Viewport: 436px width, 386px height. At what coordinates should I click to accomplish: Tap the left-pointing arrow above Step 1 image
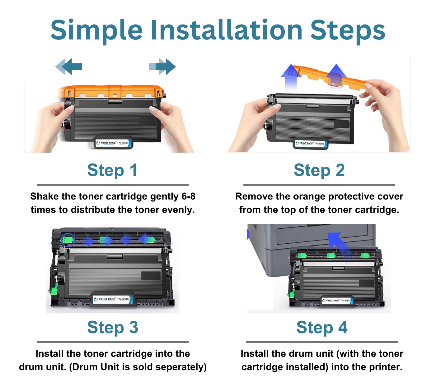point(69,67)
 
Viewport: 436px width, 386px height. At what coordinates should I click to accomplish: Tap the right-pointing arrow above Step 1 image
point(162,67)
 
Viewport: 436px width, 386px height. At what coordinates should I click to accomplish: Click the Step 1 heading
point(112,170)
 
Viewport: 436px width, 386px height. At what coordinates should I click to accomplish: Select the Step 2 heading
point(319,170)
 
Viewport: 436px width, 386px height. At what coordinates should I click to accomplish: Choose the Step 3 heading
point(113,328)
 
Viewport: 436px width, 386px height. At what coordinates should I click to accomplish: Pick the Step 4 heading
point(322,328)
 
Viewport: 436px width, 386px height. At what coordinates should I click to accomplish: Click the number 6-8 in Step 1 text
point(188,196)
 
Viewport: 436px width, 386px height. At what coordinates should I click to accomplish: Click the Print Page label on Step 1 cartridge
point(114,143)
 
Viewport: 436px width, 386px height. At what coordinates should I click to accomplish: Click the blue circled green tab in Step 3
point(67,240)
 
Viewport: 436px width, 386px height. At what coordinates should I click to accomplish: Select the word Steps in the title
point(348,30)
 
